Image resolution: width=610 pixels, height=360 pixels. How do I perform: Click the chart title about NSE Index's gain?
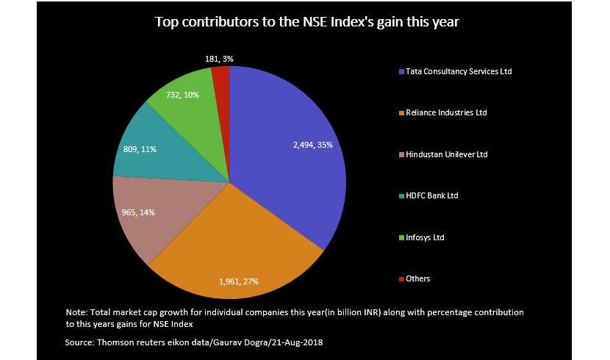click(306, 21)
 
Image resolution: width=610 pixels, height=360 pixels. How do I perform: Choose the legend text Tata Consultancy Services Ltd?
click(459, 72)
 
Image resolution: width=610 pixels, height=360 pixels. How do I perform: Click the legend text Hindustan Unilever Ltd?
click(446, 154)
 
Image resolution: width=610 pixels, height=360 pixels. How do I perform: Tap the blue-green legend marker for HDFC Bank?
click(401, 196)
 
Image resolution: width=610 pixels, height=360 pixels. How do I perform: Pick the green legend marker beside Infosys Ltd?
click(401, 237)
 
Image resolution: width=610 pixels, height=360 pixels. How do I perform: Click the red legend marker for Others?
click(401, 279)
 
